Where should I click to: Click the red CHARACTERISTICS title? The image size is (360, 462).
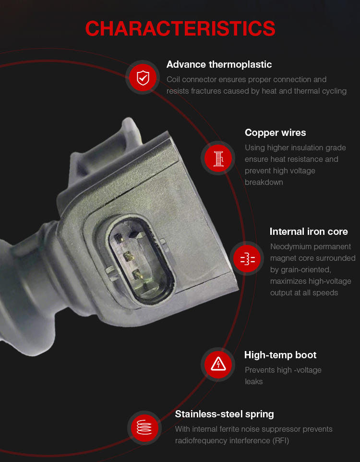pos(180,29)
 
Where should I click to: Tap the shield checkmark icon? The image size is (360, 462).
pos(143,77)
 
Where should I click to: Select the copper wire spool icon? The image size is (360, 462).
pos(218,158)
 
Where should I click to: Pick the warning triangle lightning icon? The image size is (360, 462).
pos(218,364)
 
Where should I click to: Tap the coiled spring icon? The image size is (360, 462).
pos(144,427)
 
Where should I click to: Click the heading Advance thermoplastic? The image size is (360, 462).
pos(219,64)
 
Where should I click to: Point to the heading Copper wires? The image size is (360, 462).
pos(275,133)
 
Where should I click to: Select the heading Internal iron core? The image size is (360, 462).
pos(309,231)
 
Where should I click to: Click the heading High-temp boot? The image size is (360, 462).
pos(280,355)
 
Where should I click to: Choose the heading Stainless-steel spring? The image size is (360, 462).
pos(224,414)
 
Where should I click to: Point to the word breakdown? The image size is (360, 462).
pos(264,182)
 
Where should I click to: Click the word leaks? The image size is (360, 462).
pos(253,382)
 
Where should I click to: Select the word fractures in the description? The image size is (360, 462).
pos(206,91)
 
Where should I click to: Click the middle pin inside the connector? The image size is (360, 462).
pos(129,256)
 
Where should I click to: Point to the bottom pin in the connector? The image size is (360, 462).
pos(138,275)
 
